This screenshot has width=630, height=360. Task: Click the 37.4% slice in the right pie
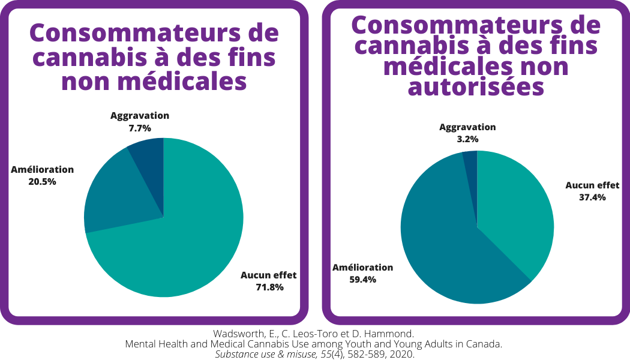[516, 210]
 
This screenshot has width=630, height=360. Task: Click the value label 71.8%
[269, 287]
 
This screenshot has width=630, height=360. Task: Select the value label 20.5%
[42, 181]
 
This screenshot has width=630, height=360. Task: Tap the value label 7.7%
[140, 128]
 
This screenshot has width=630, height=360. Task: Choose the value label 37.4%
[592, 197]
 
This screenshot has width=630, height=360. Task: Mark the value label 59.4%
[362, 279]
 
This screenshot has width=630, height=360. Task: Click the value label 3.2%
[467, 139]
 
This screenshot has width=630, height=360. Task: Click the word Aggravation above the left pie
[140, 116]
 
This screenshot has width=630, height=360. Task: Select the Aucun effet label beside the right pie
[592, 185]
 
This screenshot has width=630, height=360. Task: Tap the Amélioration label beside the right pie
[362, 268]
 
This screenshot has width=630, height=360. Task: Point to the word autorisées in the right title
[476, 88]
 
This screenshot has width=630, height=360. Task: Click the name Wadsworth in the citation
[239, 334]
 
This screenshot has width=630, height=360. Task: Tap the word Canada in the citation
[484, 344]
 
